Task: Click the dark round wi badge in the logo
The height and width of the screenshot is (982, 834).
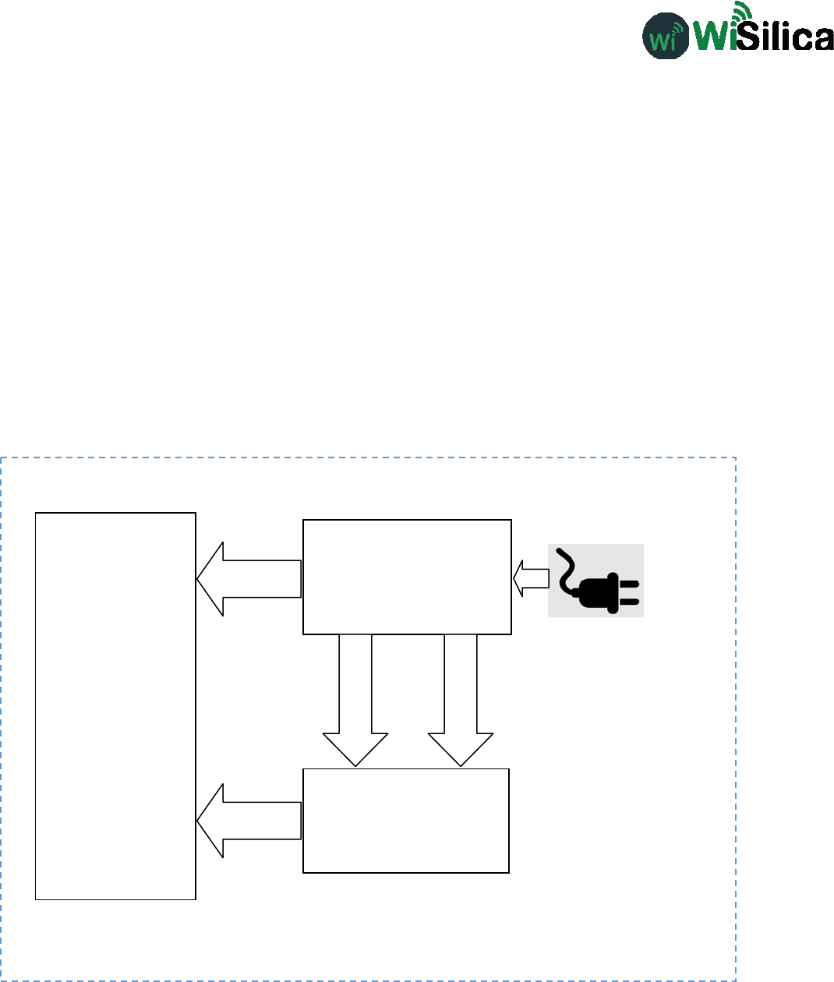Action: pos(665,36)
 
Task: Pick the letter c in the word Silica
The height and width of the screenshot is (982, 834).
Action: pos(797,38)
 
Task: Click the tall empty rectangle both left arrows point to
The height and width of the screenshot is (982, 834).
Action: pos(115,705)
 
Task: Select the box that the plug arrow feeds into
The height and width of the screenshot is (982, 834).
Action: pos(407,577)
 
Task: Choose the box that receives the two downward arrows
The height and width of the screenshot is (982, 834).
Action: pos(406,821)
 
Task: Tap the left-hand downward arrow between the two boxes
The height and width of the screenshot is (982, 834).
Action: pos(355,701)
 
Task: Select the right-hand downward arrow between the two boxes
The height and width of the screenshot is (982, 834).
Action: pos(461,701)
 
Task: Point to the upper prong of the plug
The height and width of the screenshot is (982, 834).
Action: pos(629,583)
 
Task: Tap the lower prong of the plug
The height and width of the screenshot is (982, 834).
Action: pos(629,601)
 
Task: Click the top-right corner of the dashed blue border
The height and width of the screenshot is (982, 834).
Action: pos(735,458)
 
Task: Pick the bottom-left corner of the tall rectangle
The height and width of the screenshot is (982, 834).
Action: pos(37,899)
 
